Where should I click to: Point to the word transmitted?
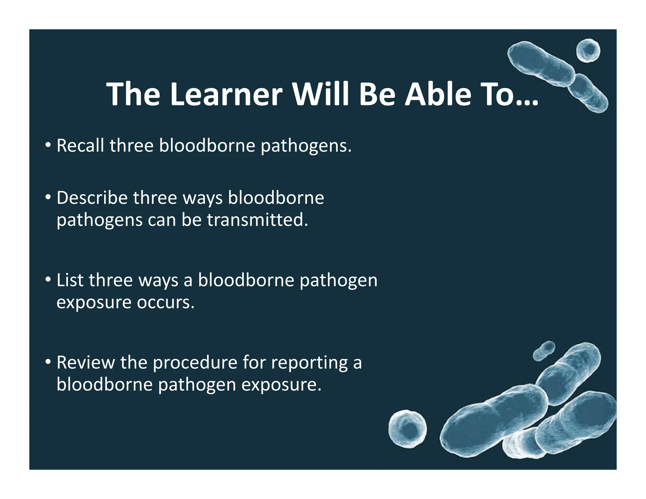(257, 220)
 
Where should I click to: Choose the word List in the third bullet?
(70, 280)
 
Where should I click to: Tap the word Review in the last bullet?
(85, 362)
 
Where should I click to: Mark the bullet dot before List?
(48, 280)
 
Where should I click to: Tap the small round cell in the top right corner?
(588, 51)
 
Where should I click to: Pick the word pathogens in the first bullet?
(306, 146)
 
